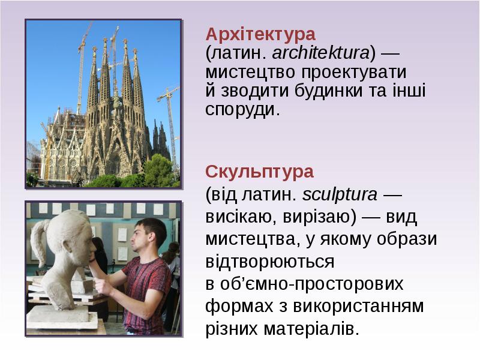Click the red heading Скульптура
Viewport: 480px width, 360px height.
[259, 172]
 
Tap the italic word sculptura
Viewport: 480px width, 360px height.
[340, 195]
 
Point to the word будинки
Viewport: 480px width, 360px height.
[325, 91]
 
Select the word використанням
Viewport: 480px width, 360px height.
[359, 307]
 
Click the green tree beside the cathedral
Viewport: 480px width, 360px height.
[158, 170]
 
